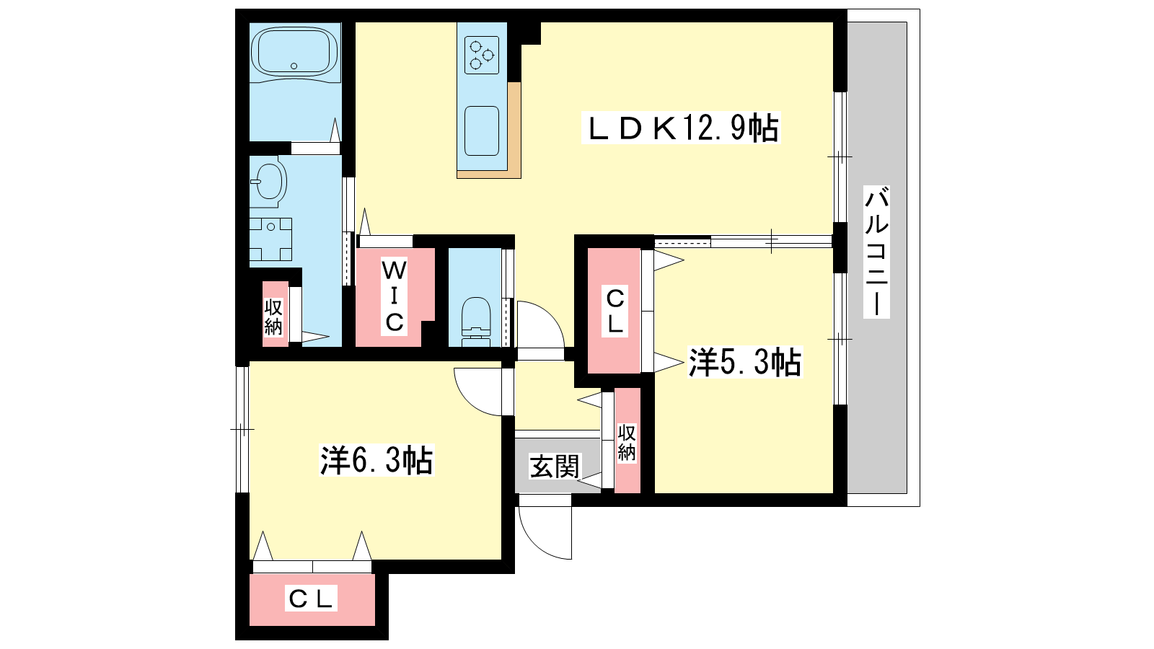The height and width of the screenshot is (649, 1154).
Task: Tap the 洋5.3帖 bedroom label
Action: (745, 362)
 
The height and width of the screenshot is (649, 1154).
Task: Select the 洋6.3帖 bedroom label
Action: (376, 460)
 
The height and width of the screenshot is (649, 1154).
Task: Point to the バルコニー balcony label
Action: (876, 252)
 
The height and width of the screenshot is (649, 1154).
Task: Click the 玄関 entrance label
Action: (555, 466)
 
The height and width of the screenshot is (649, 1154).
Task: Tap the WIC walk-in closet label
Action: (394, 296)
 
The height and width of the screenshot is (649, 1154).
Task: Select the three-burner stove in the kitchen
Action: (482, 55)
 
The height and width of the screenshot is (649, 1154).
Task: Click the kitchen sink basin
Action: (482, 131)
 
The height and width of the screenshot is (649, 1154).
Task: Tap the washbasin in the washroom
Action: (268, 181)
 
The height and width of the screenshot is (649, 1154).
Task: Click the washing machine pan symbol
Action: (270, 239)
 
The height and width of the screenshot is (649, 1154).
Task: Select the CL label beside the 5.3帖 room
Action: (615, 311)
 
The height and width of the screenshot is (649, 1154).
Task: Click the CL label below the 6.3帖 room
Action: (311, 598)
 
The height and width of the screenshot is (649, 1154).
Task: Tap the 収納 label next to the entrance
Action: (627, 443)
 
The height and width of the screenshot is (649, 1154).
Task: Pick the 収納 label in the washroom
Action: (273, 317)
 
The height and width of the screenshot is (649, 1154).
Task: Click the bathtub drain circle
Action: (294, 66)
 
